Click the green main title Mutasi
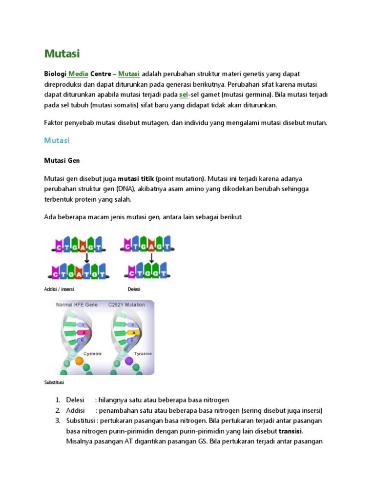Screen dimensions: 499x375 point(62,53)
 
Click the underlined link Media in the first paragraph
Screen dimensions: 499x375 point(78,74)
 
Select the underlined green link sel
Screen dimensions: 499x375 point(184,95)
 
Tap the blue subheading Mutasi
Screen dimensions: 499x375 point(57,140)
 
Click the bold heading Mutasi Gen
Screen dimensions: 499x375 point(62,160)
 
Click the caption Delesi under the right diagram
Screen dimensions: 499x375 point(134,289)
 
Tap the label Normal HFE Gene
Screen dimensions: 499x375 point(77,305)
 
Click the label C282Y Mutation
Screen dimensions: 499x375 point(128,305)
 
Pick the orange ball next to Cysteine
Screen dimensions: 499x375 point(79,361)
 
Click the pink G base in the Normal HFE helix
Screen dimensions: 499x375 point(83,332)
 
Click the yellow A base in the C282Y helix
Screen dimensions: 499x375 point(131,332)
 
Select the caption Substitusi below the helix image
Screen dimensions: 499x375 point(54,383)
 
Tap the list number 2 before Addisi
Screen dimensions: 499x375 point(57,410)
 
